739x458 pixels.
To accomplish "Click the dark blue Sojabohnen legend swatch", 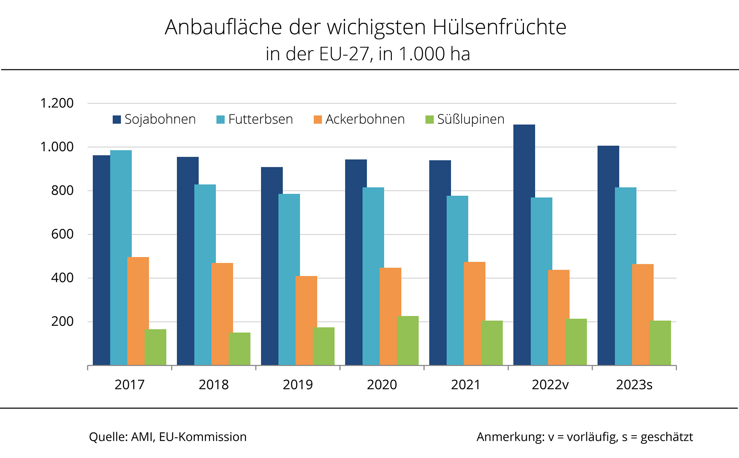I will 117,119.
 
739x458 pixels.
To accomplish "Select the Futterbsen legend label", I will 261,119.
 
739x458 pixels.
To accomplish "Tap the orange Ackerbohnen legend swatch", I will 318,119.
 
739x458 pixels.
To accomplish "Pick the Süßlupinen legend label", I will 471,119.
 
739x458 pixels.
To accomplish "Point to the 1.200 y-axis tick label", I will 57,104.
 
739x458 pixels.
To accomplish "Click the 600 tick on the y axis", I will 62,234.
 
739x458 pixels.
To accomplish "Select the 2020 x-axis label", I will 382,385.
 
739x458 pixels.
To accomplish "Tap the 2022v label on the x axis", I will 550,385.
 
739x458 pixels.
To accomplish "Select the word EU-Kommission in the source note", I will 203,437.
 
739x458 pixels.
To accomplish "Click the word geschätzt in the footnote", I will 666,437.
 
